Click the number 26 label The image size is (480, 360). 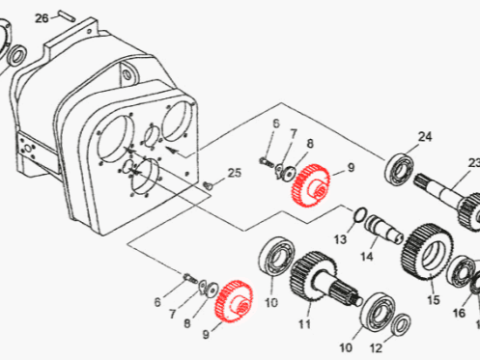42,18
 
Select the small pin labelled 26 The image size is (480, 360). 67,15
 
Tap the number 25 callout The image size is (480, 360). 235,173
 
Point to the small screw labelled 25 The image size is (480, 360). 209,185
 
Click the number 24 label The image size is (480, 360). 425,137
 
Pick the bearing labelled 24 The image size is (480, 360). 399,170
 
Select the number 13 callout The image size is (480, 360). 340,239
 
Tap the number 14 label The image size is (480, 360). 366,257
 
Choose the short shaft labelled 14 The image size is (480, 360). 383,228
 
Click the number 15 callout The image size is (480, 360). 434,300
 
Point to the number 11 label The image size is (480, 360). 304,324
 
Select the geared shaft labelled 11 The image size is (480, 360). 325,279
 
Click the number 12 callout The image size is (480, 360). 376,348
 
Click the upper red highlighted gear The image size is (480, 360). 311,185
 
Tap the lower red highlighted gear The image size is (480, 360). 235,301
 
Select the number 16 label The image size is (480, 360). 459,313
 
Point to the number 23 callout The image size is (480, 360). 473,163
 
